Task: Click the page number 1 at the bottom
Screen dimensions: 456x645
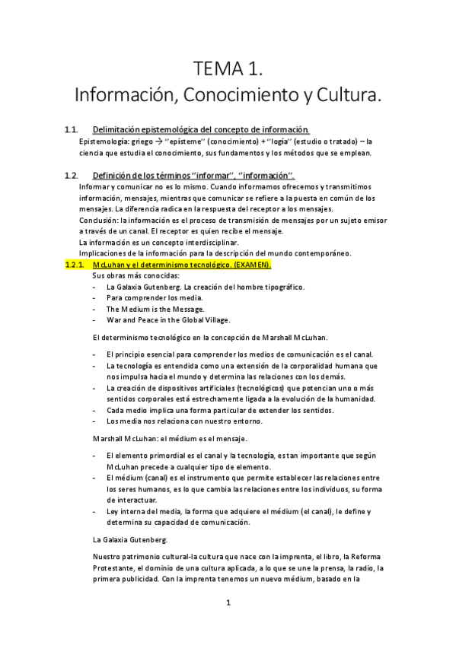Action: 228,602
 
